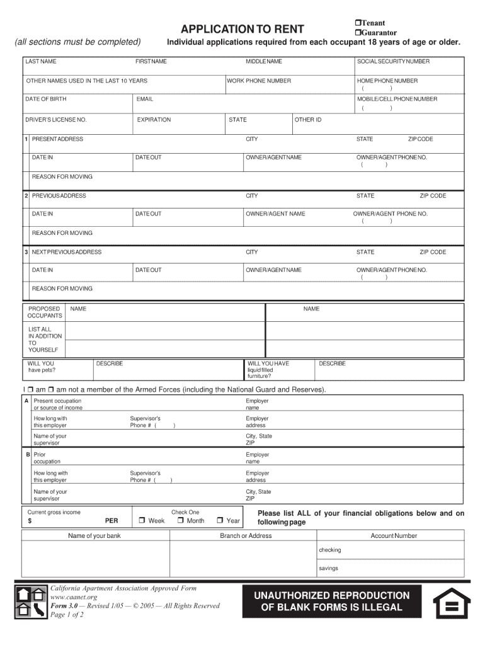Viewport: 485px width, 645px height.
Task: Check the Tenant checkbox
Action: click(x=357, y=23)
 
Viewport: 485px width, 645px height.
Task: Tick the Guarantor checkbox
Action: click(x=357, y=33)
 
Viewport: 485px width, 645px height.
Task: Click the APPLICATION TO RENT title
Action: click(x=243, y=29)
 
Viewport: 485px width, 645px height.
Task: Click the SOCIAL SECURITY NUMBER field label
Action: click(x=393, y=62)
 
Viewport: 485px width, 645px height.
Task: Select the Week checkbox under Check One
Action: click(x=142, y=521)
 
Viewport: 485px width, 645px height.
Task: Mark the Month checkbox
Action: click(x=180, y=521)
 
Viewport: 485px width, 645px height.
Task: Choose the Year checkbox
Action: click(x=220, y=521)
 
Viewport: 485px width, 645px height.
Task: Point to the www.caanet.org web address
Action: click(x=74, y=597)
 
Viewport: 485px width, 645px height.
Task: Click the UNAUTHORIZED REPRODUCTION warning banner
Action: click(x=331, y=602)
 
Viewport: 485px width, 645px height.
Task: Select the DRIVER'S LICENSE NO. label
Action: click(x=56, y=120)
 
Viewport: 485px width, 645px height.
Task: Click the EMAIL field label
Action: click(x=145, y=100)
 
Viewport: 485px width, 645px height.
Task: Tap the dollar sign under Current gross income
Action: click(x=30, y=522)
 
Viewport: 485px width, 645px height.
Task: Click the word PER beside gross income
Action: click(x=111, y=522)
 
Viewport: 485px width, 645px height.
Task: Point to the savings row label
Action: click(x=328, y=568)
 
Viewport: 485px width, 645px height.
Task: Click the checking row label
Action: click(x=329, y=550)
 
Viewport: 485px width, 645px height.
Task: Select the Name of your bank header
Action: click(x=94, y=536)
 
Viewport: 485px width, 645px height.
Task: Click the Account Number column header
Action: click(x=394, y=536)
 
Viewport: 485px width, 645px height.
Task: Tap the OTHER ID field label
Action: click(x=309, y=120)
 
